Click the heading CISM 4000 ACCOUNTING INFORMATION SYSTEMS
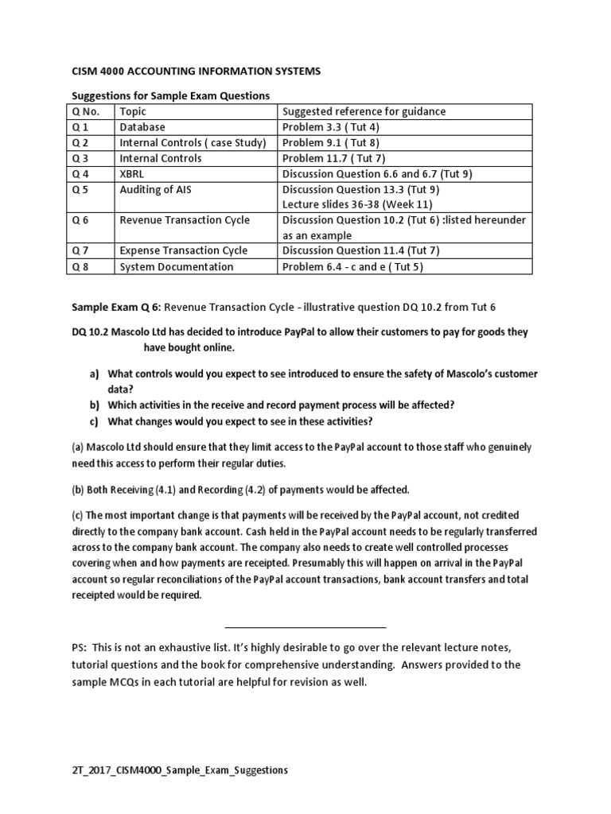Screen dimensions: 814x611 point(197,72)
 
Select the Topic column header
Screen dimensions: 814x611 point(134,111)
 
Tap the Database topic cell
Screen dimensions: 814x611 point(142,127)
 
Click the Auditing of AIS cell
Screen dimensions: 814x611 point(156,189)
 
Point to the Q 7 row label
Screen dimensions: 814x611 point(81,251)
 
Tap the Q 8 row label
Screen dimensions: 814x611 point(81,267)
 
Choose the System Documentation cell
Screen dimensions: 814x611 point(177,267)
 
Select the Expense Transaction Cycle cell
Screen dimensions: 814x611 point(184,251)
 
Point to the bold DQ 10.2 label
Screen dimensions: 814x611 point(93,332)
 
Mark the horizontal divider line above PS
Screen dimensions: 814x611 point(306,627)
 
